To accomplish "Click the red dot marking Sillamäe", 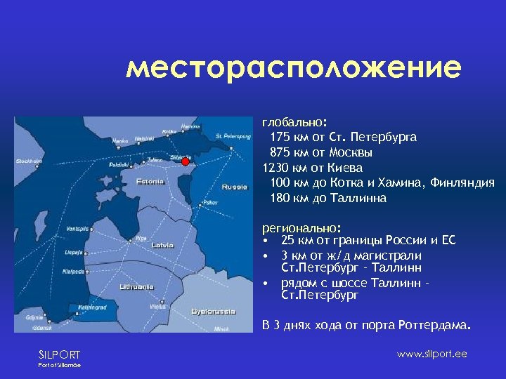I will coord(185,161).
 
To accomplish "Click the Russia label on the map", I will coord(234,187).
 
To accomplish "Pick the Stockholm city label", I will coord(28,161).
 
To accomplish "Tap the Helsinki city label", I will coord(143,138).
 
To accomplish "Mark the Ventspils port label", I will coord(77,229).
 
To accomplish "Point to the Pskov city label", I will coord(209,203).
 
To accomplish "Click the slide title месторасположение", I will coord(294,68).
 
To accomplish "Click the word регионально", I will coord(300,228).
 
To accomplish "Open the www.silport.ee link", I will coord(432,354).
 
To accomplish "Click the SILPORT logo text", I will coord(59,354).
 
